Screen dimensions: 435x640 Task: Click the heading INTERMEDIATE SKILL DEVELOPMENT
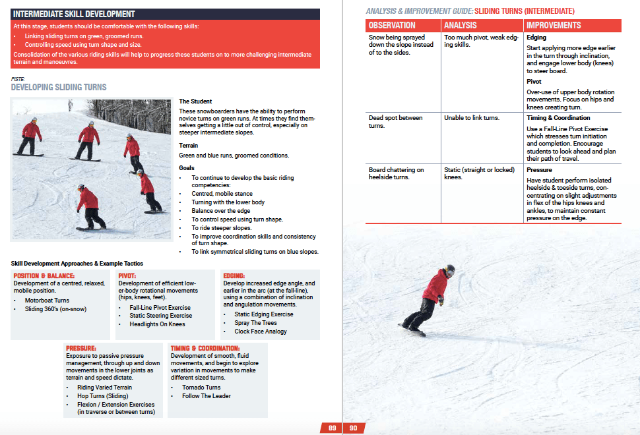[74, 14]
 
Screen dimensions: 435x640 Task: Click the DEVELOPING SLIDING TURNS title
[59, 87]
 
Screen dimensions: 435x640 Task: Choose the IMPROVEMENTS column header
[554, 25]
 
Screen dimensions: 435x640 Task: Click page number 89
[333, 428]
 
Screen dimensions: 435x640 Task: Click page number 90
[353, 428]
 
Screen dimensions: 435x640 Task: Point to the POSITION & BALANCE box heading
[44, 276]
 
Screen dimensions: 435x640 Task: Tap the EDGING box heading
[234, 276]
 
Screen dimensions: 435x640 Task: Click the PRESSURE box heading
[81, 348]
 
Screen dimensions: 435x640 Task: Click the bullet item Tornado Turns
[201, 388]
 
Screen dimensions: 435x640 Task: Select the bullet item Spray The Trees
[256, 323]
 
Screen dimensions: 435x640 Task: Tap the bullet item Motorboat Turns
[47, 301]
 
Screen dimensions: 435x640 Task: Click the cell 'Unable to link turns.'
[472, 118]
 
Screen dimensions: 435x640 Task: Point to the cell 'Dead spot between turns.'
[395, 121]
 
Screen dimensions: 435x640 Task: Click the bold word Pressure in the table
[539, 169]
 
